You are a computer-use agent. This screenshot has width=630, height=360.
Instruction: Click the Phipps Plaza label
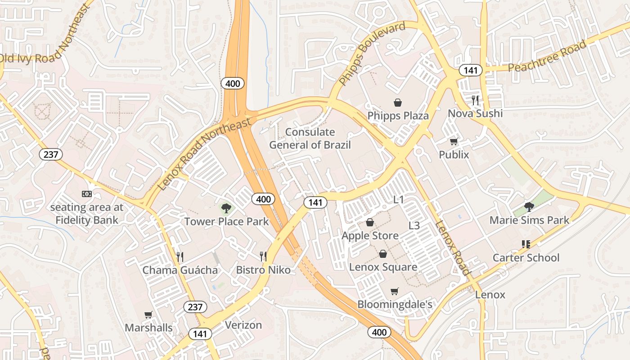tap(398, 116)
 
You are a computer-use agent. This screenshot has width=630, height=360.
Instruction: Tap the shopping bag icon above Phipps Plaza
tap(398, 103)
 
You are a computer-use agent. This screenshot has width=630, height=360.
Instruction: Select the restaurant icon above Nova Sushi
tap(475, 100)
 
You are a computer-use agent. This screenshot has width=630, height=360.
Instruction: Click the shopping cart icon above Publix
tap(454, 141)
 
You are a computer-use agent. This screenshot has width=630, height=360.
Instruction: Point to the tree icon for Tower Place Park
tap(226, 208)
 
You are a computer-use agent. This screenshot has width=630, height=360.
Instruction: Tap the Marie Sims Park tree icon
tap(529, 207)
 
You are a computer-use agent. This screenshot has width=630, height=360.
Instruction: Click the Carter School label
tap(526, 258)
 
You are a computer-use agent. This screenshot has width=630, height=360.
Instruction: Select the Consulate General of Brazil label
tap(310, 139)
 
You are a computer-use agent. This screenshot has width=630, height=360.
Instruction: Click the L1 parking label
tap(399, 200)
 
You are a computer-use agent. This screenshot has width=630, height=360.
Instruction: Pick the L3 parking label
tap(414, 225)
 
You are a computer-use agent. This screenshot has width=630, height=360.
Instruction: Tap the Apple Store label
tap(370, 236)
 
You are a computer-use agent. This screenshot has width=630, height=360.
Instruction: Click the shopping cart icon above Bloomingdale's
tap(395, 291)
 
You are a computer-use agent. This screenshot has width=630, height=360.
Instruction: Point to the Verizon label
tap(243, 325)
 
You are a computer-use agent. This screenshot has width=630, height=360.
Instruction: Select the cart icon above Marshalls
tap(148, 315)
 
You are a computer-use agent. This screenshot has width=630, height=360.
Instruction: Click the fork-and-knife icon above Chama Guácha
tap(180, 257)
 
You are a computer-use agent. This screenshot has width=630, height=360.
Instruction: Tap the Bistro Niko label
tap(263, 270)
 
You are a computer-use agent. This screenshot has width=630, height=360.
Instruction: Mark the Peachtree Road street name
tap(547, 56)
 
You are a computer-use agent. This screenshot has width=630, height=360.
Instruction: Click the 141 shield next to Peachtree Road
tap(471, 70)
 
